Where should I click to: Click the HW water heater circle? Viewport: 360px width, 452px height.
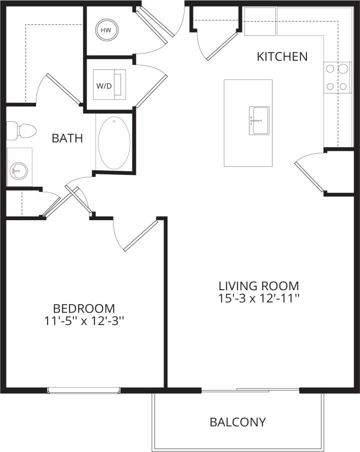click(105, 30)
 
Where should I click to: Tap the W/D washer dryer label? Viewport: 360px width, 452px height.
click(104, 85)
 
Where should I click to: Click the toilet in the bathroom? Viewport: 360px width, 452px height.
click(23, 131)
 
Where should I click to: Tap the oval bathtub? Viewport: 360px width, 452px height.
click(114, 143)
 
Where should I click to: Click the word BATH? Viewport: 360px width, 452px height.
click(67, 138)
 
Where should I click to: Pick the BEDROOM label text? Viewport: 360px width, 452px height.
click(84, 308)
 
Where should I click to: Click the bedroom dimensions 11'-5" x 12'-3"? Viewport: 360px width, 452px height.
click(84, 321)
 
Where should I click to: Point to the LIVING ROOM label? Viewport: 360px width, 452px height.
click(258, 286)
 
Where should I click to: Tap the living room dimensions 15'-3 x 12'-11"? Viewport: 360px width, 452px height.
click(258, 299)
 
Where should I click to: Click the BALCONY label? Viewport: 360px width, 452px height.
click(237, 422)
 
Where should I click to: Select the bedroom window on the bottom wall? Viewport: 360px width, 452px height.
click(83, 391)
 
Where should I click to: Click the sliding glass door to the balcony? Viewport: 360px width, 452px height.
click(250, 390)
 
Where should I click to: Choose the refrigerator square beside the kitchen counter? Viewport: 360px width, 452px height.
click(260, 21)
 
